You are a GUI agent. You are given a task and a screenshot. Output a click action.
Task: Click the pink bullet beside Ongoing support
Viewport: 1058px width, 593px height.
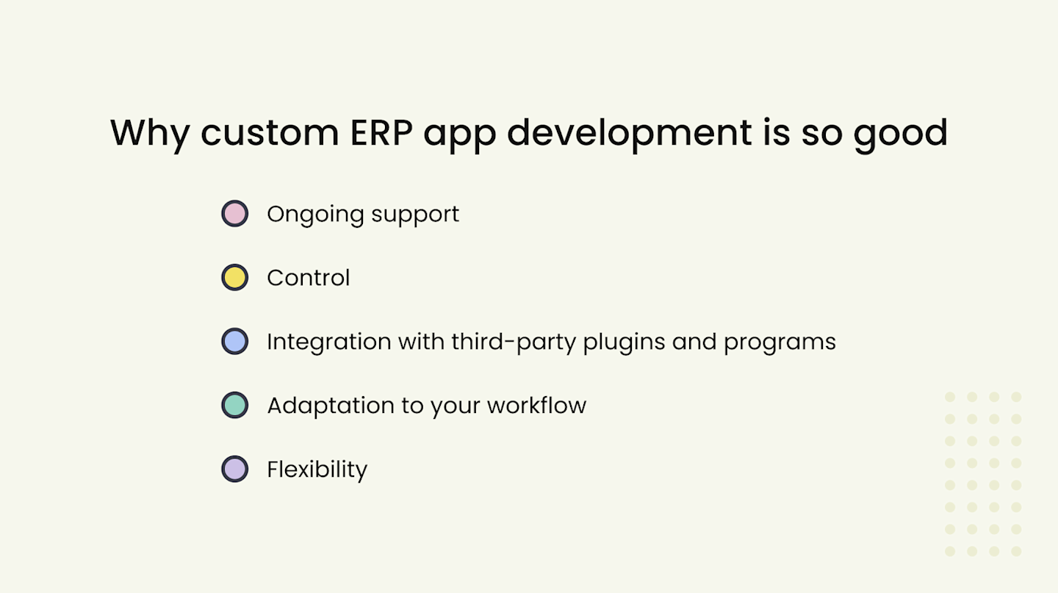pos(234,214)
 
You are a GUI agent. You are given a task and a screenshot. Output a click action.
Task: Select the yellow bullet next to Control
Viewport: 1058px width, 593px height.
pos(234,278)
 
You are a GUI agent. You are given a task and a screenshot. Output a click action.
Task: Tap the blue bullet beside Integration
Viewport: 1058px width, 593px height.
pos(234,342)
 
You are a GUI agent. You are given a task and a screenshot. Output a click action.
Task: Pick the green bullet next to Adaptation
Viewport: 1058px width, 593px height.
pos(234,406)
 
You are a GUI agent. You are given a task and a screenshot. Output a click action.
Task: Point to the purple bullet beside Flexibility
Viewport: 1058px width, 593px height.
pos(234,469)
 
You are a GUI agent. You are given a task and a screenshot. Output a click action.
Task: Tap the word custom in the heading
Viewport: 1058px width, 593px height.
pos(269,133)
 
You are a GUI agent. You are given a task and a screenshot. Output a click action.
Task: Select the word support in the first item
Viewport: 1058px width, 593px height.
pos(415,215)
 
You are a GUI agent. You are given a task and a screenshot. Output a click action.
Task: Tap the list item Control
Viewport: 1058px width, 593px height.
pos(309,278)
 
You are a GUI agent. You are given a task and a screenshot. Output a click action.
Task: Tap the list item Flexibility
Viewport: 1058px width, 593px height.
pos(317,470)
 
